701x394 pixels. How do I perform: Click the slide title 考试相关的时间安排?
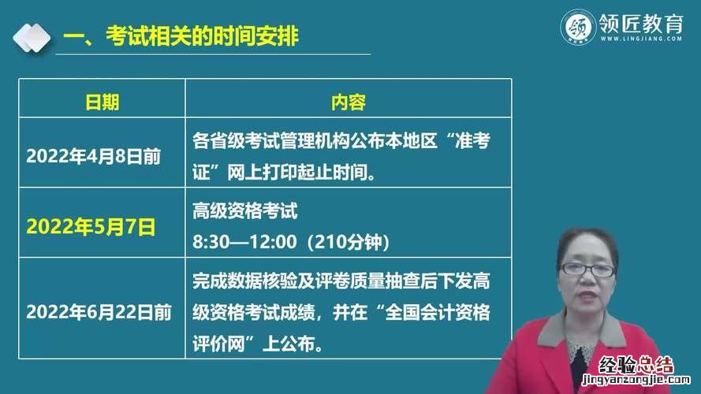pyautogui.click(x=202, y=35)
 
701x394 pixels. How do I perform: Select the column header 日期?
pyautogui.click(x=102, y=102)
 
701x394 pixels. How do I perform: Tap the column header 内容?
pyautogui.click(x=349, y=102)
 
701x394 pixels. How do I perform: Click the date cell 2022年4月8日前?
pyautogui.click(x=93, y=156)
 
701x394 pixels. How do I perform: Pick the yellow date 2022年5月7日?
pyautogui.click(x=91, y=226)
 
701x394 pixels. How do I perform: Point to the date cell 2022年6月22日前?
pyautogui.click(x=99, y=312)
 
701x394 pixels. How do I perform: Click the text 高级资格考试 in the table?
pyautogui.click(x=245, y=211)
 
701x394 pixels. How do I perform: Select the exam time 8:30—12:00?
pyautogui.click(x=245, y=242)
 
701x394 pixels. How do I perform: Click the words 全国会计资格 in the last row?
pyautogui.click(x=437, y=312)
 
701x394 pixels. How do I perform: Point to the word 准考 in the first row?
pyautogui.click(x=472, y=141)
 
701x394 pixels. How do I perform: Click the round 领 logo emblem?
pyautogui.click(x=578, y=28)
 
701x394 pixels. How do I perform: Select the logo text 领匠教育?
pyautogui.click(x=641, y=23)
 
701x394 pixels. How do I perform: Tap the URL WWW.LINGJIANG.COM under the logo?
pyautogui.click(x=641, y=39)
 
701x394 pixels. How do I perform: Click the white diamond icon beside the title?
pyautogui.click(x=32, y=38)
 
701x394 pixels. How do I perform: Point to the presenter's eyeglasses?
pyautogui.click(x=587, y=269)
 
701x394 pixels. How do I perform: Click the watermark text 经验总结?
pyautogui.click(x=636, y=365)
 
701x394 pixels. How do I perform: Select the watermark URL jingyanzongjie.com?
pyautogui.click(x=636, y=380)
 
